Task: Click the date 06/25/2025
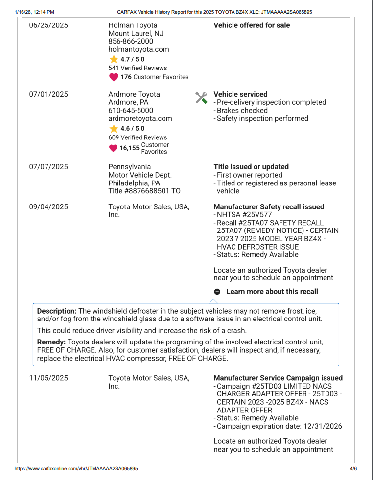point(48,25)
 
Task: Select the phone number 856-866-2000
point(131,42)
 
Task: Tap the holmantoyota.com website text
point(139,49)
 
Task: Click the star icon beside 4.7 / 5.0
point(114,59)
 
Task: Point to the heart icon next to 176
point(114,77)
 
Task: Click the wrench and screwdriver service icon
point(201,97)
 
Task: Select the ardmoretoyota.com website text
point(140,119)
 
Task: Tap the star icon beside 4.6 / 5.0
point(114,129)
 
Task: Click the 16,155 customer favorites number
point(130,148)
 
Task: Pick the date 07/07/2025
point(48,167)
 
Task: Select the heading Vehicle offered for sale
point(252,25)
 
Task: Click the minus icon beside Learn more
point(217,292)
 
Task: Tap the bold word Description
point(57,311)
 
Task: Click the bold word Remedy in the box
point(51,342)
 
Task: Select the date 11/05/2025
point(48,378)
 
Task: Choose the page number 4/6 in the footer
point(353,469)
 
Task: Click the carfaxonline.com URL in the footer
point(76,469)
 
